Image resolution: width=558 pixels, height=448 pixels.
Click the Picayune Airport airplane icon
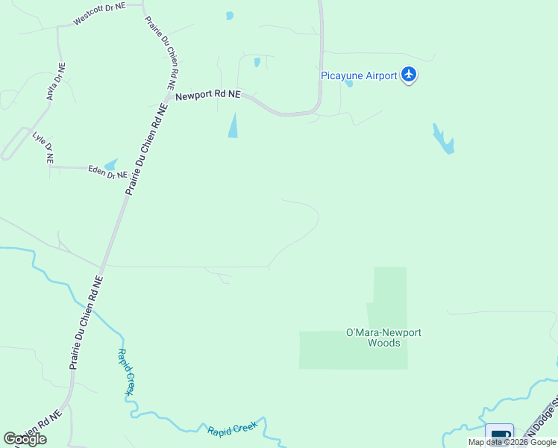click(x=408, y=75)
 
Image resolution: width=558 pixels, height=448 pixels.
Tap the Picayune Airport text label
click(x=358, y=75)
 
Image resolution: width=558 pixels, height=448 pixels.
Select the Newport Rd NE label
click(x=208, y=95)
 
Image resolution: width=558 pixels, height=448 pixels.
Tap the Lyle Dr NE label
click(x=43, y=147)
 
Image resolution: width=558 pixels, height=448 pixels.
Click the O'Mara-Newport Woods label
click(x=384, y=337)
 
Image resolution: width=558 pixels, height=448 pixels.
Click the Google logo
click(x=25, y=439)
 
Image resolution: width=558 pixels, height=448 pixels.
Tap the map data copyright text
click(x=512, y=442)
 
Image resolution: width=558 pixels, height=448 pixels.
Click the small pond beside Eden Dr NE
click(x=111, y=164)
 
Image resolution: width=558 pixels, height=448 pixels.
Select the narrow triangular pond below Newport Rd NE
click(x=233, y=125)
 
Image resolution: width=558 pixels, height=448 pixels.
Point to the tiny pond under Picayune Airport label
click(x=349, y=83)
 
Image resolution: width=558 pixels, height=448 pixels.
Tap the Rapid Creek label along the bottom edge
click(x=231, y=428)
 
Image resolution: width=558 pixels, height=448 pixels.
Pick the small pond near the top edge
click(x=230, y=16)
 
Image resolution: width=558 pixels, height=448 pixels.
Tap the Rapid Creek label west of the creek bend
click(x=125, y=371)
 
